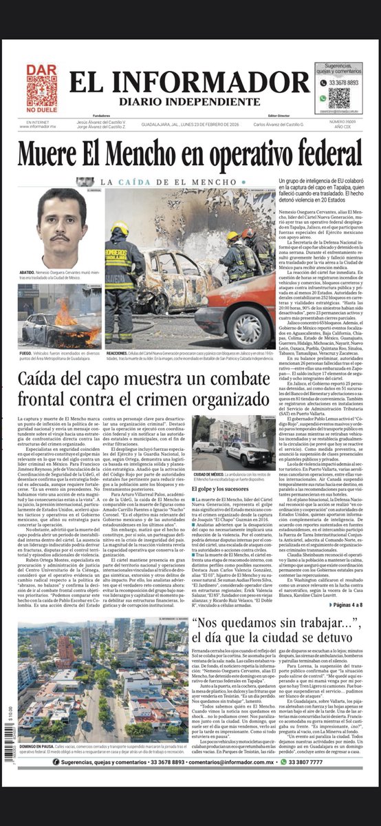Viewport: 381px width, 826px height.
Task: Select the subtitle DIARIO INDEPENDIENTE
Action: coord(189,101)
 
